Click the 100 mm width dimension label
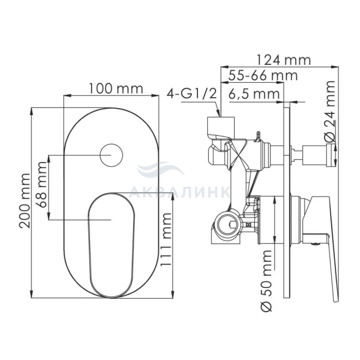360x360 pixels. (116, 88)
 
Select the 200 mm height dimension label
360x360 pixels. (25, 201)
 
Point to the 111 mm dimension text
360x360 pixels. (166, 240)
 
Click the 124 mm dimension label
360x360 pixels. (283, 60)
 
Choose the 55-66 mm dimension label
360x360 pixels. (263, 75)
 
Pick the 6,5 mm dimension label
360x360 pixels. (254, 94)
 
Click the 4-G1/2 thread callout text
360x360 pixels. (192, 94)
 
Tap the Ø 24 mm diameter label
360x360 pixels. (330, 111)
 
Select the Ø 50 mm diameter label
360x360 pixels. (266, 281)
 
